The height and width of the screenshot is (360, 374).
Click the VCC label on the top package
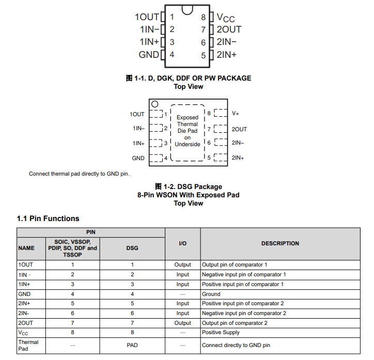226,18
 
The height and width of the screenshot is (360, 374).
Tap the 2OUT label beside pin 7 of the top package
229,29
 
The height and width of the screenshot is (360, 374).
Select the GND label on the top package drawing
149,55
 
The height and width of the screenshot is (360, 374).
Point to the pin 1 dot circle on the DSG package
154,104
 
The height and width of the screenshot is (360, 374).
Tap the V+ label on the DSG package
236,113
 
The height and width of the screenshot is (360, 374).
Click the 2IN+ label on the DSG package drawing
238,158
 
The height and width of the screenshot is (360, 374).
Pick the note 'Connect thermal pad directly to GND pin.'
79,174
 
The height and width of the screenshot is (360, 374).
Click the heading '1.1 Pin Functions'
48,218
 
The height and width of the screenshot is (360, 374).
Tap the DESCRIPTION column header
280,243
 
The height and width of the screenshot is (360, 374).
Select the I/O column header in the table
182,243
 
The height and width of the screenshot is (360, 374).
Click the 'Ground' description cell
211,294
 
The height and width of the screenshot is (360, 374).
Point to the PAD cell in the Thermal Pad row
132,345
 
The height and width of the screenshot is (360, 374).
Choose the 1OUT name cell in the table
25,264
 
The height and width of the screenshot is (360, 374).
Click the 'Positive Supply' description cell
221,333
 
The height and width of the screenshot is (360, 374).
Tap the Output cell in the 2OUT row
182,323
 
